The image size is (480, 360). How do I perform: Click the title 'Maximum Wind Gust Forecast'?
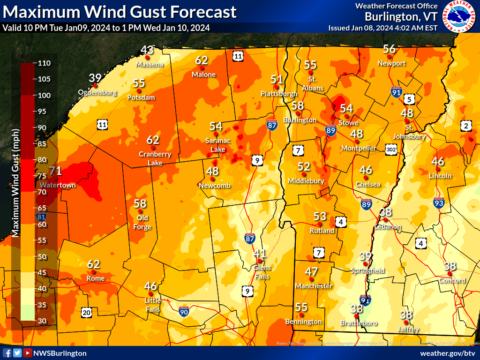pos(120,12)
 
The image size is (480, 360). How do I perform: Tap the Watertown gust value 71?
pos(55,171)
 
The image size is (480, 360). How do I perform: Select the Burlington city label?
pos(300,120)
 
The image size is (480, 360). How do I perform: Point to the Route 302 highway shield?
pos(392,150)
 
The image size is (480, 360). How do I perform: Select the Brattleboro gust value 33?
pos(357,308)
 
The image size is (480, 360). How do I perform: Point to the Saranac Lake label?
pos(216,145)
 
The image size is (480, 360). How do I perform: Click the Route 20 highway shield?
pos(86,312)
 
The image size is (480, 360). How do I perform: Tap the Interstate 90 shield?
pos(185,310)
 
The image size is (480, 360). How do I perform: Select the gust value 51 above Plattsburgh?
pos(277,80)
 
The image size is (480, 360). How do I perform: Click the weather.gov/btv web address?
pos(448,353)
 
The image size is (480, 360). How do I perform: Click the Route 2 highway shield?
pos(465,126)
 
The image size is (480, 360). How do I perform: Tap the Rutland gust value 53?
pos(320,216)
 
